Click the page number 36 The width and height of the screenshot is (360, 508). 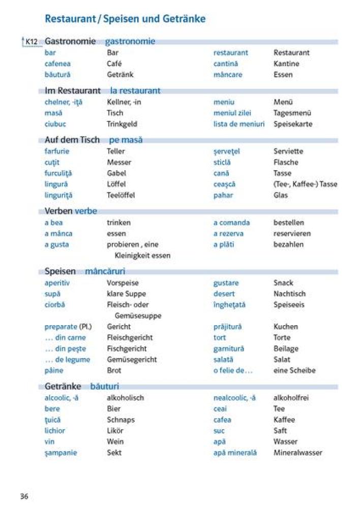pyautogui.click(x=24, y=496)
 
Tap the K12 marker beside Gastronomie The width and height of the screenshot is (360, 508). pyautogui.click(x=31, y=42)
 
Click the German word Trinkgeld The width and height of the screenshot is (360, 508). pyautogui.click(x=122, y=124)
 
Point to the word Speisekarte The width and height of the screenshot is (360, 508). pyautogui.click(x=293, y=124)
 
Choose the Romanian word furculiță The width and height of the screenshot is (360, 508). pyautogui.click(x=58, y=173)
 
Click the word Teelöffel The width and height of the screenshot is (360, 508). pyautogui.click(x=121, y=195)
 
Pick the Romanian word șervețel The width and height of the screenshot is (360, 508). pyautogui.click(x=226, y=151)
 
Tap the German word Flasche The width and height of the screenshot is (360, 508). pyautogui.click(x=286, y=163)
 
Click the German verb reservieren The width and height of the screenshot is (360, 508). pyautogui.click(x=292, y=234)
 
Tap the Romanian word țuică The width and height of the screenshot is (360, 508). pyautogui.click(x=52, y=420)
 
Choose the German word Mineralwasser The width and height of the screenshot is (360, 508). pyautogui.click(x=298, y=453)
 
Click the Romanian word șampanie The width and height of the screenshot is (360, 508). pyautogui.click(x=61, y=453)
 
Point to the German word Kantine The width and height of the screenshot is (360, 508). pyautogui.click(x=286, y=63)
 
